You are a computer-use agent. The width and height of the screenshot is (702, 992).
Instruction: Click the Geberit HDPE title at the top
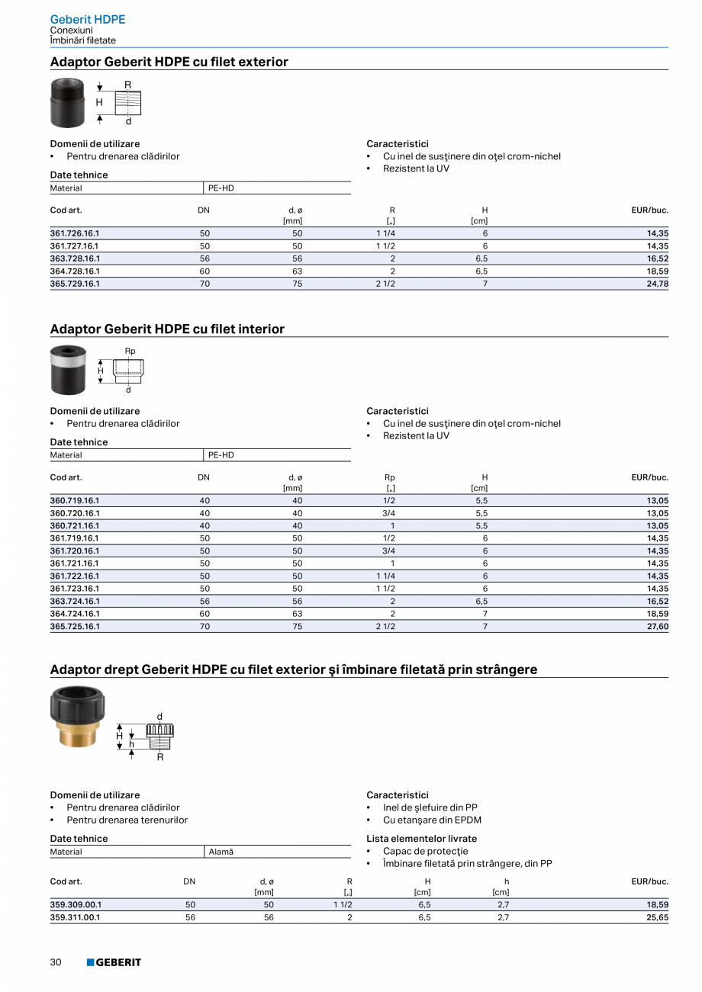click(87, 19)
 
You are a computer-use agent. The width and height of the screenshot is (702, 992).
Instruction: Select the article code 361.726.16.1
click(75, 233)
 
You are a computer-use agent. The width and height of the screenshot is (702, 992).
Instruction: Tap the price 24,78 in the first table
click(656, 284)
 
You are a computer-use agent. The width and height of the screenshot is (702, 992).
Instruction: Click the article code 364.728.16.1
click(75, 271)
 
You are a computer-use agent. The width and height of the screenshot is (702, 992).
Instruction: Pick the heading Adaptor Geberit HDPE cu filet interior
click(167, 329)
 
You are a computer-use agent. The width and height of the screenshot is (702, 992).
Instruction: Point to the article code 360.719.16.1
click(75, 500)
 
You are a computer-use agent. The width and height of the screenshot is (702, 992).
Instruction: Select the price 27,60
click(656, 627)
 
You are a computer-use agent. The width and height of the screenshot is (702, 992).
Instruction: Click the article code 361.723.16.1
click(75, 589)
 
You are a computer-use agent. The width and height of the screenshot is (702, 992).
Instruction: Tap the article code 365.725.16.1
click(75, 627)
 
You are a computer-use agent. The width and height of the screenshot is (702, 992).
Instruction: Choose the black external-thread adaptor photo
click(67, 102)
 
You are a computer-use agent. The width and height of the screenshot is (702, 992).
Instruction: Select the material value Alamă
click(221, 852)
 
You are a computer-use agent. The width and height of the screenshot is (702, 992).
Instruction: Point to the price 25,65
click(656, 918)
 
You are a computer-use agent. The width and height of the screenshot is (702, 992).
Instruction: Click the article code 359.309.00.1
click(76, 905)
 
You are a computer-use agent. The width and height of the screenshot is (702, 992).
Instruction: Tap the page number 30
click(56, 962)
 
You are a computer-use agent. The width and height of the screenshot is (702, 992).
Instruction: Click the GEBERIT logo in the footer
click(114, 962)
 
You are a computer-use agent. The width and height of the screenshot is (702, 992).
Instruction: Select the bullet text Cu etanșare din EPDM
click(432, 820)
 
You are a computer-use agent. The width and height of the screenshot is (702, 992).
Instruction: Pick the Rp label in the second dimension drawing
click(130, 352)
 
